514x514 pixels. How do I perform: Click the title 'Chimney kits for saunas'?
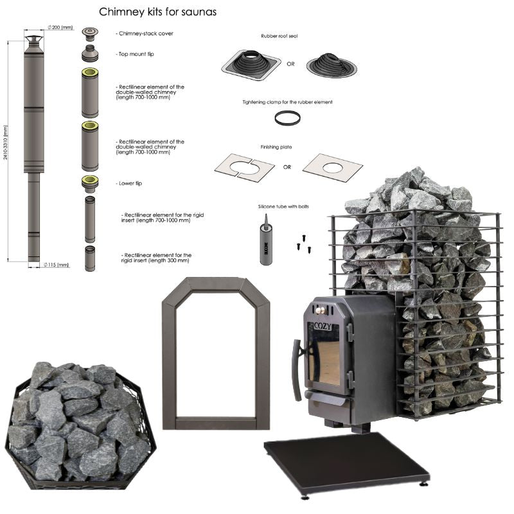[x=157, y=12]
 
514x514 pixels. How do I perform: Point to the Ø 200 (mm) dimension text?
[x=60, y=27]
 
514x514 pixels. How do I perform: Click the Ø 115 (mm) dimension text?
[x=57, y=265]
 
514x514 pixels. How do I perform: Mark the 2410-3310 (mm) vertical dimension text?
[x=5, y=143]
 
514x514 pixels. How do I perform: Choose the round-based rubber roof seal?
[x=332, y=65]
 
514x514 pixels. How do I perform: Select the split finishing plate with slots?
[x=245, y=166]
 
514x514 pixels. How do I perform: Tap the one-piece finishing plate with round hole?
[x=333, y=168]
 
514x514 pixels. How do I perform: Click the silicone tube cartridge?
[x=265, y=240]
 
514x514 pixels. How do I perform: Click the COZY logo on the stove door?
[x=323, y=326]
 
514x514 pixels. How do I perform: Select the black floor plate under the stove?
[x=346, y=462]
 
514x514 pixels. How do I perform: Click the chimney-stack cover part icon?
[x=90, y=34]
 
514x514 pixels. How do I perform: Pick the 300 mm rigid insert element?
[x=90, y=259]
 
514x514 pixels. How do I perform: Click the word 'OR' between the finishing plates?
[x=287, y=167]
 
